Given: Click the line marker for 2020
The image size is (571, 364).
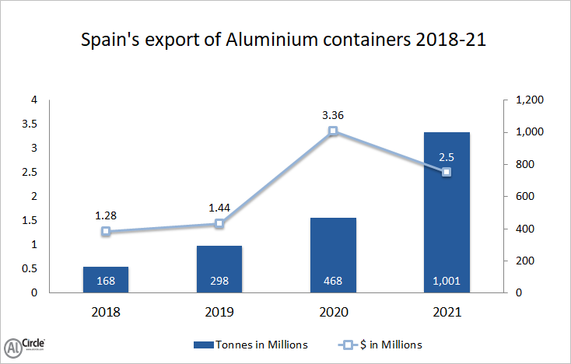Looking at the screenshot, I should pos(333,131).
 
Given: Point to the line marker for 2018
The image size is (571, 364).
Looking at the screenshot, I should pos(106,232).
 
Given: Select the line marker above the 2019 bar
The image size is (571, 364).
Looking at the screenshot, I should pos(219,224).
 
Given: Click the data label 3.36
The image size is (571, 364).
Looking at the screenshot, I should pos(333,115).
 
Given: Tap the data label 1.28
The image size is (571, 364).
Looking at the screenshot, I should pos(106,215).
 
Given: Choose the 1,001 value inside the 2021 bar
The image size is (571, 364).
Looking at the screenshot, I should pos(447,281).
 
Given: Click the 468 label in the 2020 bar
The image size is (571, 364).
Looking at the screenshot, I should pos(333,281).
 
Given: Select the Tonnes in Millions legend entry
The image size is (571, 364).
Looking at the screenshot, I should pos(250,344).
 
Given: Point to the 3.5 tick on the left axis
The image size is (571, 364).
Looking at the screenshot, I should pos(29,124).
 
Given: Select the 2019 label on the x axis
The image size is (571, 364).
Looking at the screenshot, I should pos(219,313).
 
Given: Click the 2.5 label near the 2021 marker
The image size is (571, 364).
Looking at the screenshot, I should pos(447,157).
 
